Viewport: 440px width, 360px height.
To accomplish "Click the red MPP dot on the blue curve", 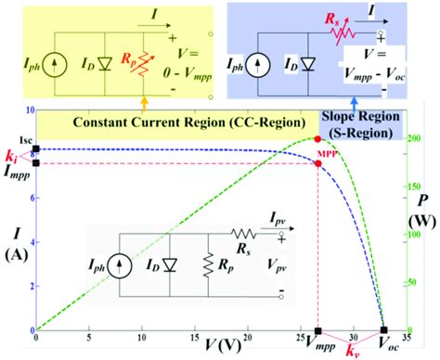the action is coord(318,163).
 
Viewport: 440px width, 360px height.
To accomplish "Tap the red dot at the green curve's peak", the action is coord(318,138).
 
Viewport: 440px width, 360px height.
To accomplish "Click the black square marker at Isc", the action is coord(35,148).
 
